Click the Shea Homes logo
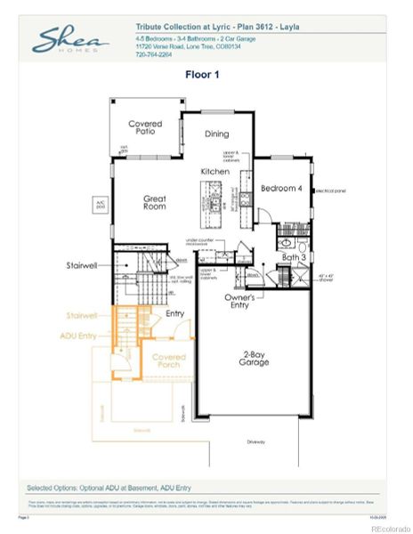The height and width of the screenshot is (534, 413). click(70, 40)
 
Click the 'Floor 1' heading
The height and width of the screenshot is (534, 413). click(201, 76)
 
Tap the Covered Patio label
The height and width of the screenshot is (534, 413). click(145, 128)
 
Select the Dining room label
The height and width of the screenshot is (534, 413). click(216, 134)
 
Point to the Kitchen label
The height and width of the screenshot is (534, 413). click(215, 170)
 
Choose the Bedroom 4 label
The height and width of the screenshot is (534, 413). click(281, 188)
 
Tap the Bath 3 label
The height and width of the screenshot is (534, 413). click(295, 257)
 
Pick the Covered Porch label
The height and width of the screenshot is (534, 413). click(169, 360)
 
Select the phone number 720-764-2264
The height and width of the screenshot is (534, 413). click(155, 53)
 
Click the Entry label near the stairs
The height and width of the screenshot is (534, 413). click(174, 312)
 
